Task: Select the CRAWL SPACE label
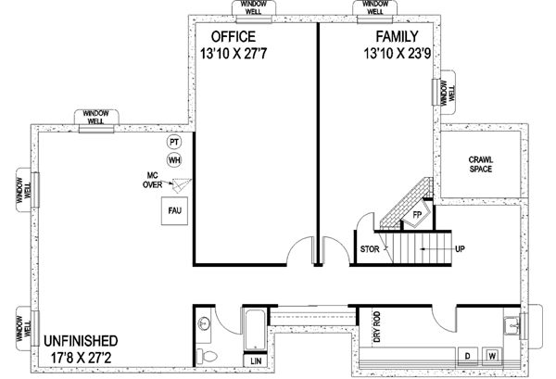pyautogui.click(x=481, y=165)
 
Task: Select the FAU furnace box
pyautogui.click(x=173, y=211)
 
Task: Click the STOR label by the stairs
pyautogui.click(x=368, y=250)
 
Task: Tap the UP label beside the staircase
pyautogui.click(x=460, y=249)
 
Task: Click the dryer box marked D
pyautogui.click(x=469, y=355)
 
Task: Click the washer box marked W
pyautogui.click(x=493, y=355)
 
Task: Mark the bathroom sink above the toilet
pyautogui.click(x=206, y=323)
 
